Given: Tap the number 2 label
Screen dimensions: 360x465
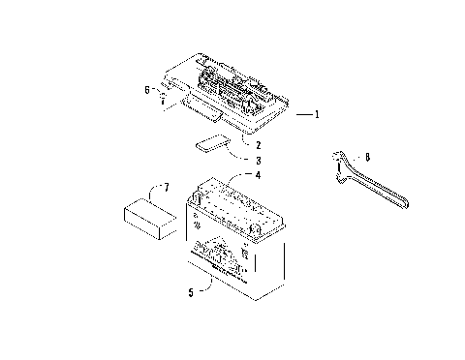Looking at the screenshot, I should click(x=259, y=145).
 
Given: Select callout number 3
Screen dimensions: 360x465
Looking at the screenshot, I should click(x=259, y=160).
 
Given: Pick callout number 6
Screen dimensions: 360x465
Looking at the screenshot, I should click(x=147, y=89).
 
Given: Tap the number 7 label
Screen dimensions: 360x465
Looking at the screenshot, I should click(x=166, y=187).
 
